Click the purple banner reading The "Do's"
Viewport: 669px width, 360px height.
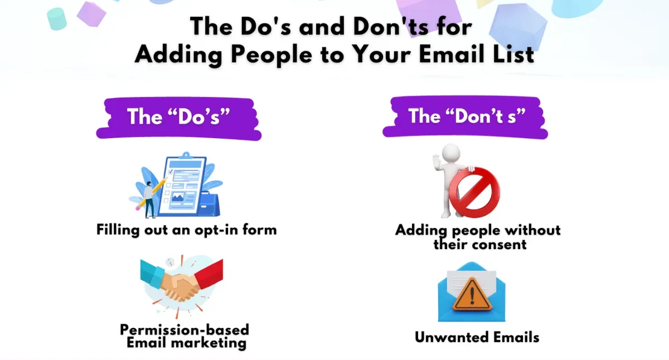click(x=178, y=117)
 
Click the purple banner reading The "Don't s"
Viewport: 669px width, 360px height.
click(x=465, y=117)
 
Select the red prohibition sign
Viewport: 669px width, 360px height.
click(x=474, y=192)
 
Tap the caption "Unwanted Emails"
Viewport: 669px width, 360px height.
click(x=477, y=337)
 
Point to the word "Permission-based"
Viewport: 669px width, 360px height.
click(x=185, y=329)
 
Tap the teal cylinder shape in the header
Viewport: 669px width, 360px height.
click(x=57, y=18)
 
